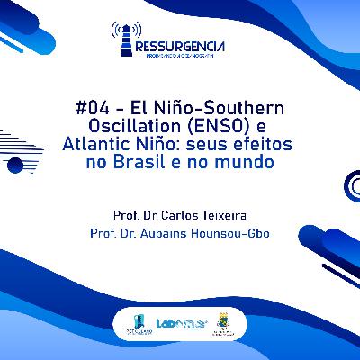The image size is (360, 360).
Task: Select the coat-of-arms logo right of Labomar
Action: click(224, 323)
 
